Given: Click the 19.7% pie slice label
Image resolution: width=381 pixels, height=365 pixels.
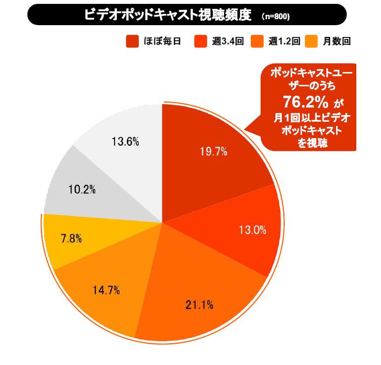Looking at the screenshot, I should click(213, 152).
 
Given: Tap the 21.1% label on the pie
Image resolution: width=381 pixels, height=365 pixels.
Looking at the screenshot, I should click(199, 305).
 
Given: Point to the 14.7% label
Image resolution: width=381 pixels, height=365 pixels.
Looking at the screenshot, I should click(107, 290).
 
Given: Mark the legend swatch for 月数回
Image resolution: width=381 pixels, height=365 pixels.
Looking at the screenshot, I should click(312, 41).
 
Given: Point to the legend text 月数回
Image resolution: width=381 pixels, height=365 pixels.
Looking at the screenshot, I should click(337, 41).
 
